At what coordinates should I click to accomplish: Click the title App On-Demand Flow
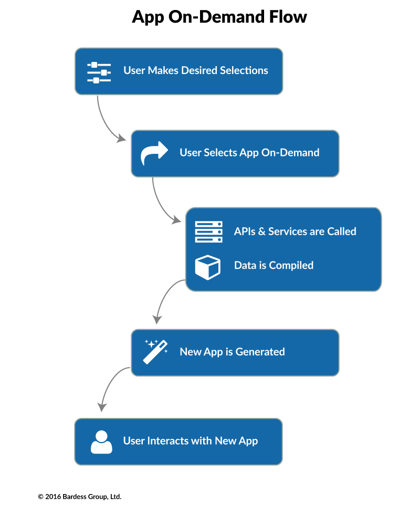click(219, 17)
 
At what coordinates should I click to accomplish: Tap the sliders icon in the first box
click(99, 72)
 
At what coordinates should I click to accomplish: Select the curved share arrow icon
click(154, 153)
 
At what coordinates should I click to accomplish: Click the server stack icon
click(208, 232)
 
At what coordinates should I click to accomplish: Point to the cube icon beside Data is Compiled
click(207, 266)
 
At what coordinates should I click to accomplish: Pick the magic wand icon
click(155, 351)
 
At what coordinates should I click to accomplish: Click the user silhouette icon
click(101, 442)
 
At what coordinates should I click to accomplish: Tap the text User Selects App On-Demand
click(249, 153)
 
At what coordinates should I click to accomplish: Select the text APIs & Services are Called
click(295, 232)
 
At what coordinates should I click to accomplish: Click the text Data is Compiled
click(274, 266)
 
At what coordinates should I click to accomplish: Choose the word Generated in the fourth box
click(260, 352)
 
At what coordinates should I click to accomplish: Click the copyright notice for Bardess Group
click(79, 496)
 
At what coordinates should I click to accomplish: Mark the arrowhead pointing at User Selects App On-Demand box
click(122, 139)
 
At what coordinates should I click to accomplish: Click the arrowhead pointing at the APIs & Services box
click(177, 220)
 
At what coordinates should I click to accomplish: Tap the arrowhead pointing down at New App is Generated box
click(156, 319)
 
